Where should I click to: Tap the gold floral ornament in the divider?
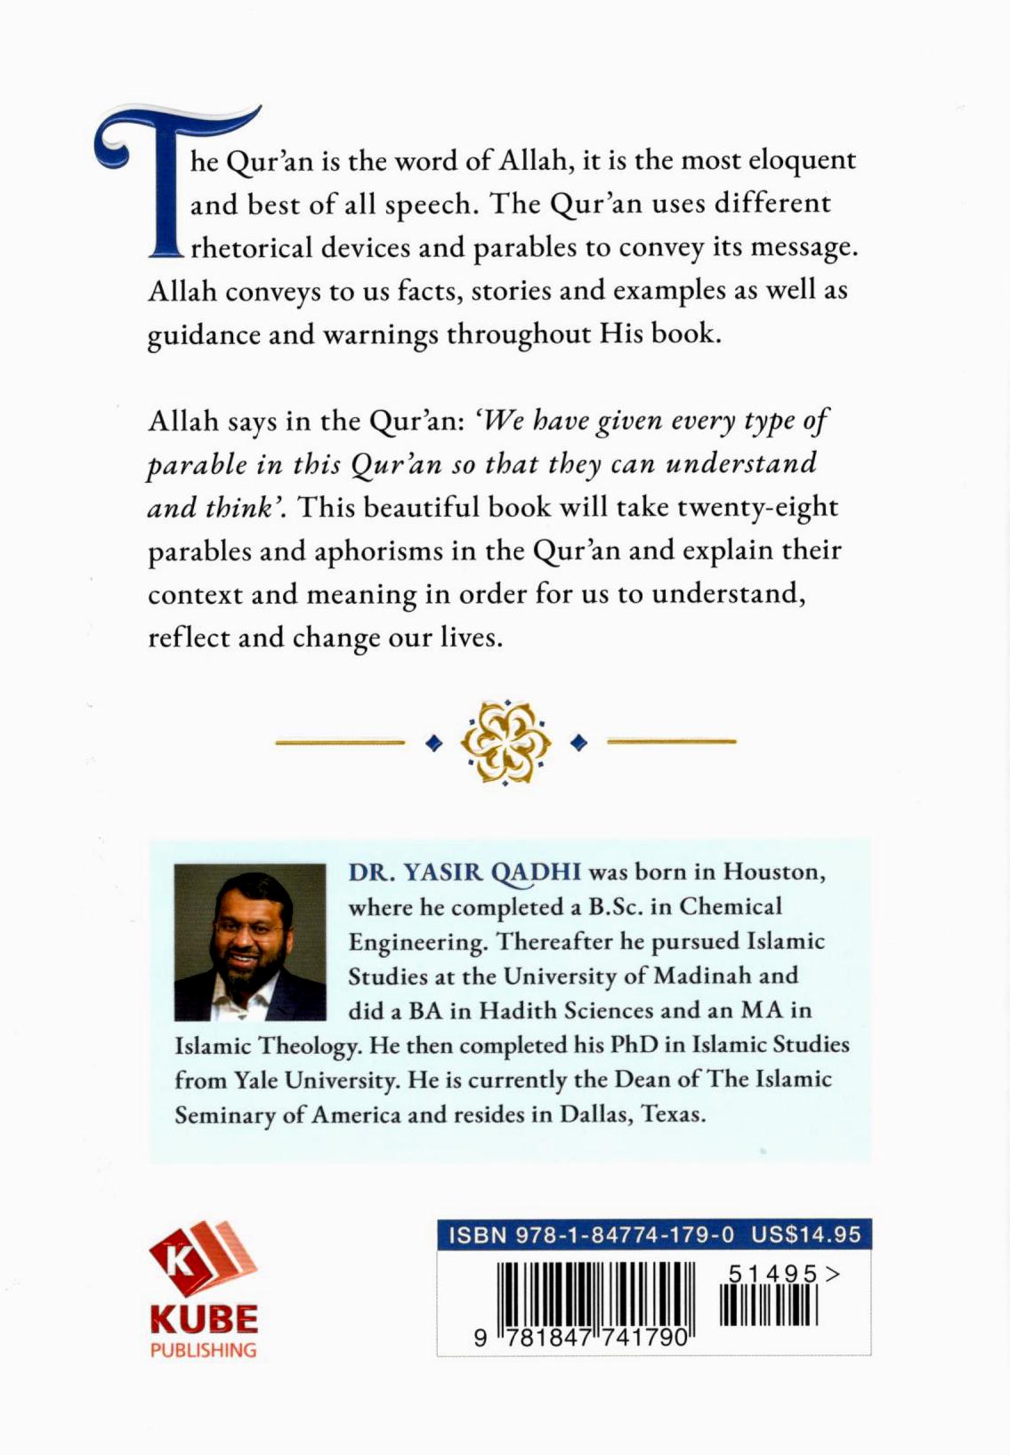point(505,742)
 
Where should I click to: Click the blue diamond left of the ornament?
point(434,742)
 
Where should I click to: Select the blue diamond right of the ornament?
point(578,742)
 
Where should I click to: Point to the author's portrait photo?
point(250,942)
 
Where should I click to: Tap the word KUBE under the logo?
point(204,1318)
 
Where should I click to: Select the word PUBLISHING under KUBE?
point(204,1350)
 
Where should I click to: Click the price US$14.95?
point(806,1235)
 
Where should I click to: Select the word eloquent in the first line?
point(801,161)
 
